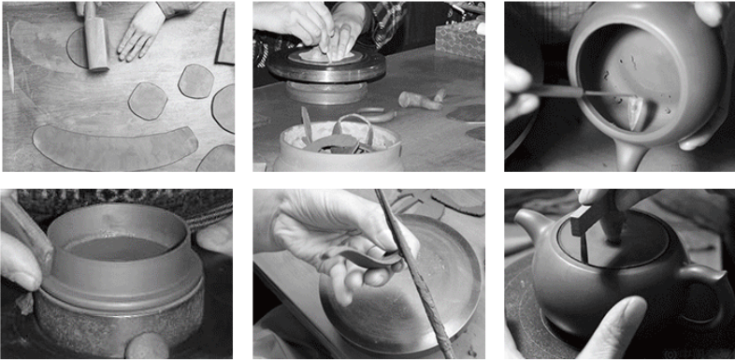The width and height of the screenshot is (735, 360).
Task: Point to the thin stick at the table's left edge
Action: point(10,56)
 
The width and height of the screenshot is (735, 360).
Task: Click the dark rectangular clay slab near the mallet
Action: point(224,37)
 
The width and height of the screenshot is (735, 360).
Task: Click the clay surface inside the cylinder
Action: point(118,249)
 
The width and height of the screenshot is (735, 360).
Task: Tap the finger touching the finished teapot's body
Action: point(617,323)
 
